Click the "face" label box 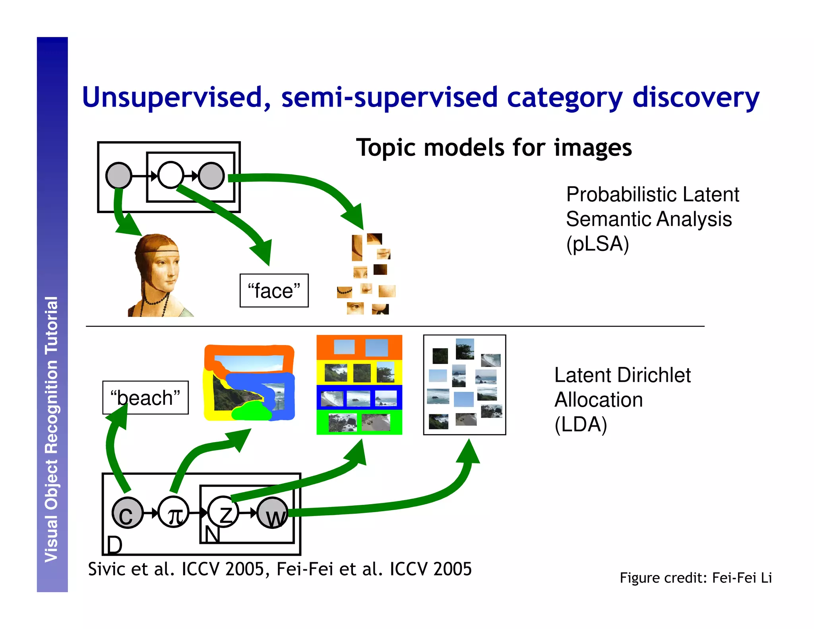click(274, 291)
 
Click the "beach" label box click(145, 398)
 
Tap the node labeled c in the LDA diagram click(127, 513)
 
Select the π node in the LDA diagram click(174, 513)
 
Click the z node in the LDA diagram click(223, 513)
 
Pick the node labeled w click(273, 513)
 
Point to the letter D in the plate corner click(114, 544)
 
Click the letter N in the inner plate click(211, 534)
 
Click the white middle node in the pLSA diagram click(171, 175)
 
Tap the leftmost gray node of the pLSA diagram click(119, 175)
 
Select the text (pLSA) click(597, 244)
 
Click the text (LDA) click(581, 424)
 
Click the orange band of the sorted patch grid click(359, 347)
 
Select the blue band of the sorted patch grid click(359, 398)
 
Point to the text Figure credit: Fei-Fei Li click(696, 577)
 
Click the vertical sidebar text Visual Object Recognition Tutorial click(52, 429)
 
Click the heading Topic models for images click(494, 148)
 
